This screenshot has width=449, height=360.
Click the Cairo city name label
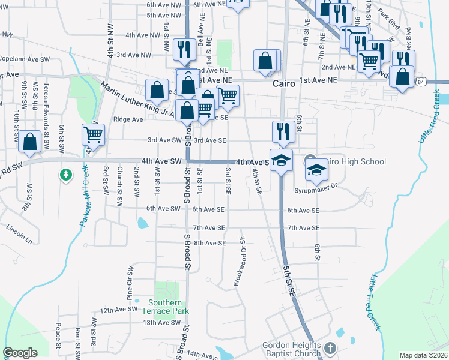[283, 84]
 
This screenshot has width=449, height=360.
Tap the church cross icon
[330, 348]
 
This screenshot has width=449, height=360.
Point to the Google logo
[20, 353]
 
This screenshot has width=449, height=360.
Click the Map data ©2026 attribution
[423, 355]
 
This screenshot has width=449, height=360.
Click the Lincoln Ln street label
[20, 230]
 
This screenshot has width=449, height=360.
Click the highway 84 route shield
[421, 82]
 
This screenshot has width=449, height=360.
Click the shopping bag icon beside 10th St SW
[29, 142]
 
